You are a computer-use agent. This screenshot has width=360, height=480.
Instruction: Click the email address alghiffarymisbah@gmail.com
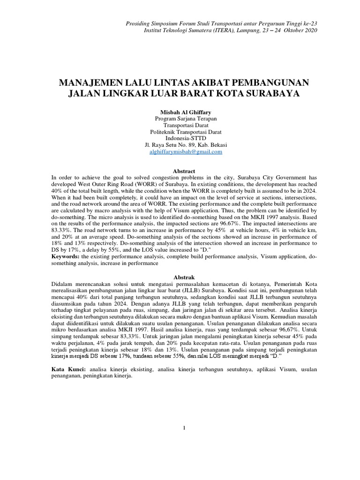[183, 152]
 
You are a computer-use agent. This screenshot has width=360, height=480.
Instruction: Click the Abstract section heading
[183, 172]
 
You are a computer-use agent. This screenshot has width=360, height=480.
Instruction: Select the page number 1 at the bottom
[185, 427]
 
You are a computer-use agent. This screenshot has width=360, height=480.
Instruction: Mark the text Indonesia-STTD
[183, 139]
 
